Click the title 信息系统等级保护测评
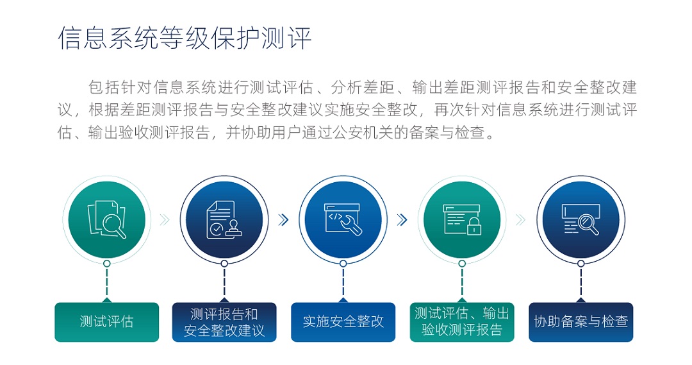click(185, 38)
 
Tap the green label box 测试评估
click(107, 321)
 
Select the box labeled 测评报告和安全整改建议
click(224, 321)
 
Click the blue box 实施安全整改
click(343, 321)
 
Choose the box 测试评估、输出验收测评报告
click(462, 321)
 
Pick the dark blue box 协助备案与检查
click(581, 321)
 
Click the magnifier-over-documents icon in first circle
click(107, 219)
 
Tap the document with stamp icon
click(224, 219)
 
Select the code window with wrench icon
click(343, 219)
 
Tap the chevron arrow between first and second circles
click(165, 219)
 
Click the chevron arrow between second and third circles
click(284, 219)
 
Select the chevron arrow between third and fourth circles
click(402, 219)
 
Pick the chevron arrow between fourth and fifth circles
click(521, 219)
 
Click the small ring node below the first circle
click(107, 264)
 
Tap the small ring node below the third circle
click(343, 264)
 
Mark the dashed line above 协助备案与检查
click(581, 283)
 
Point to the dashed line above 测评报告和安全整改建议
click(224, 283)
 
